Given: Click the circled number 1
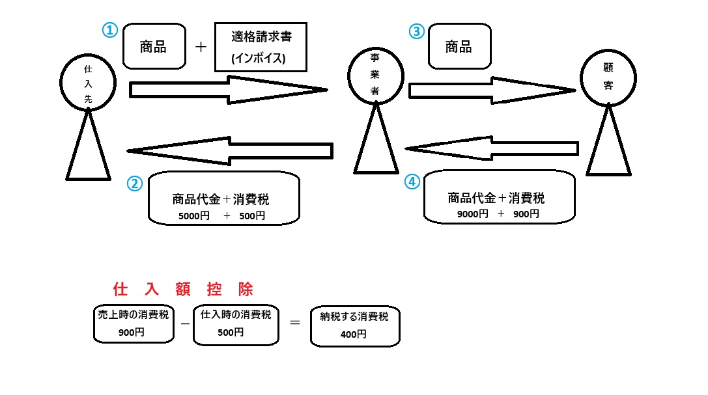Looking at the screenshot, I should (x=109, y=30).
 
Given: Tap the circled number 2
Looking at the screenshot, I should (x=134, y=184).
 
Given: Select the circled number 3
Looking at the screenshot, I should (x=416, y=31).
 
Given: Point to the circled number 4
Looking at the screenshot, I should (x=412, y=182).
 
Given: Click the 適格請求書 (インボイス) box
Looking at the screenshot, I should (x=261, y=47).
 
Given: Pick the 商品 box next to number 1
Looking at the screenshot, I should (x=153, y=47).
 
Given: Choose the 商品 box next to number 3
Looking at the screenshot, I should (x=459, y=47).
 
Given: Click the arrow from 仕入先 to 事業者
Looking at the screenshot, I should (x=228, y=90).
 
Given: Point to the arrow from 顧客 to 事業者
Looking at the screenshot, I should (x=492, y=148).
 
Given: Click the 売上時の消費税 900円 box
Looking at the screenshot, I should (x=134, y=323).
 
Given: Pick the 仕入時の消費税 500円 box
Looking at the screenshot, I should (x=236, y=323).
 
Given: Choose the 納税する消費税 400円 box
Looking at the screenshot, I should (x=354, y=325).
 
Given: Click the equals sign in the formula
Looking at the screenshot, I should (x=294, y=321).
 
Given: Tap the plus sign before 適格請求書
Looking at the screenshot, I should (x=201, y=47).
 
